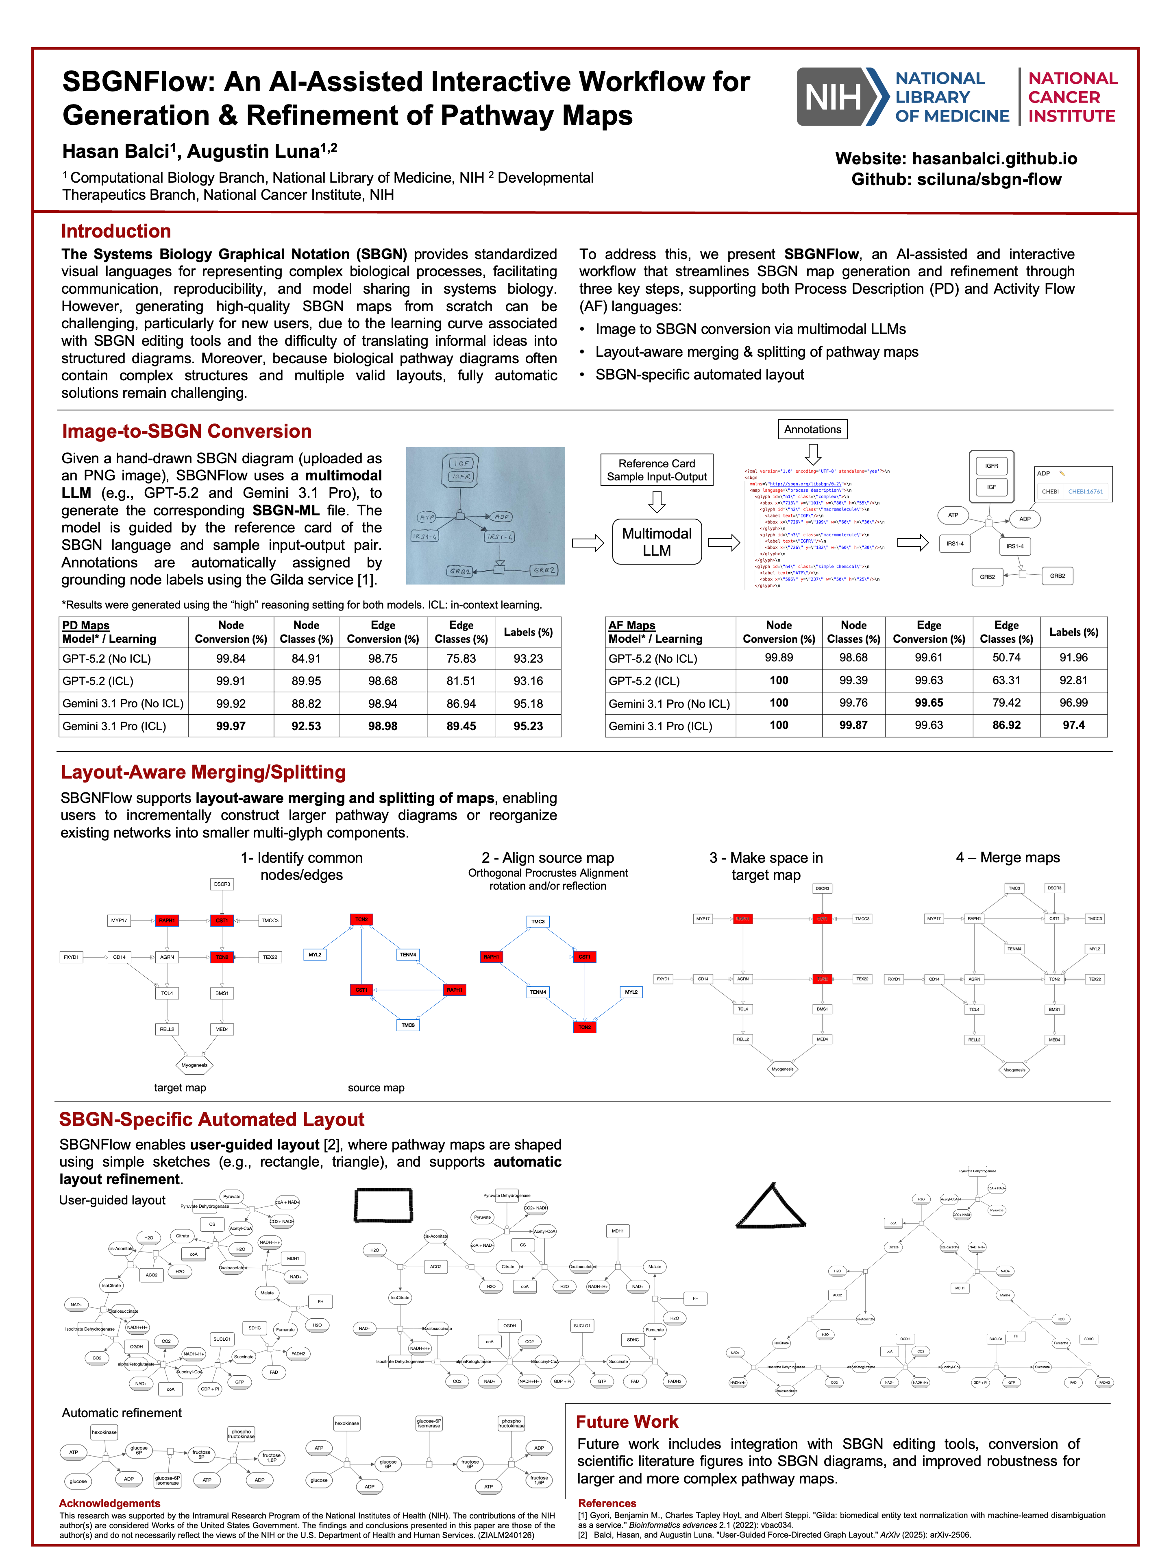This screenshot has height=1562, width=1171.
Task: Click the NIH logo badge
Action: click(841, 97)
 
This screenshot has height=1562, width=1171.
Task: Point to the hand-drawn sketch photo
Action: click(485, 515)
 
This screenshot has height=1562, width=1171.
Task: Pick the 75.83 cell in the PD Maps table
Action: click(461, 658)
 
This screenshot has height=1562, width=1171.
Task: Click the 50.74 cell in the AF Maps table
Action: click(1006, 657)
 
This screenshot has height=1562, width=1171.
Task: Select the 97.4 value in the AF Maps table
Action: click(1073, 725)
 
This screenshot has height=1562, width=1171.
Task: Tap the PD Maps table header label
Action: click(86, 625)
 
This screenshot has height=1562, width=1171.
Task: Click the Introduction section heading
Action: click(116, 231)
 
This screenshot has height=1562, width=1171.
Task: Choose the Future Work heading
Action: click(627, 1422)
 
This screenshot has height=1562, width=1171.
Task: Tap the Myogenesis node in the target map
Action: click(194, 1065)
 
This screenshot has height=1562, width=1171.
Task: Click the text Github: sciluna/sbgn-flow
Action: click(956, 179)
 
